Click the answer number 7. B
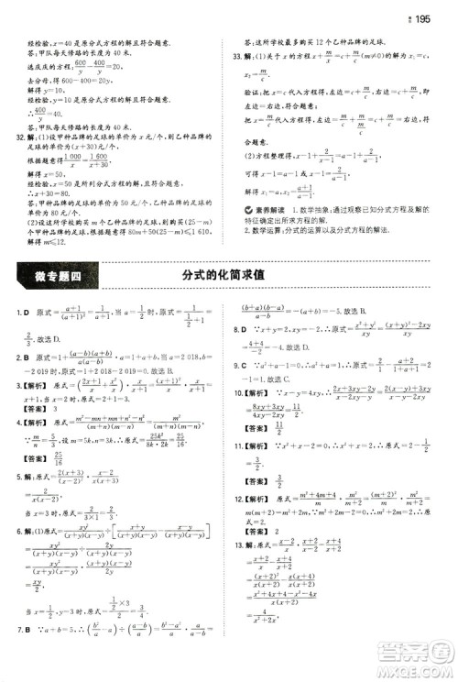click(x=24, y=656)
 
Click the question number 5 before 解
click(x=20, y=491)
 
